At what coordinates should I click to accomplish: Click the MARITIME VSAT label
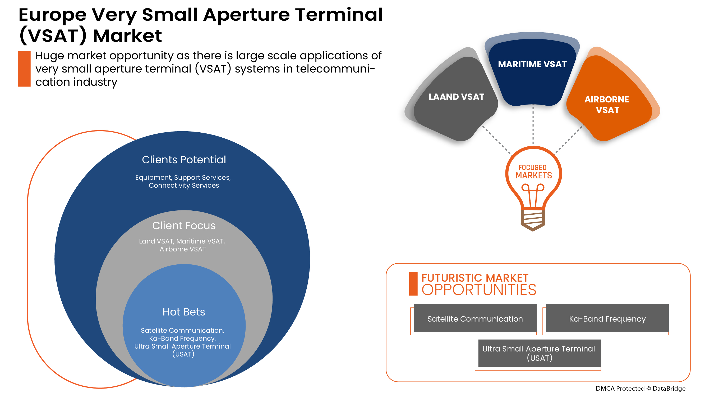tap(532, 64)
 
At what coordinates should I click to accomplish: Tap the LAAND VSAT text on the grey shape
tap(456, 97)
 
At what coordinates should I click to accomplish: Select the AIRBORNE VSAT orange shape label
tap(607, 104)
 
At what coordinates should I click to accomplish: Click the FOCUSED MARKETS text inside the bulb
tap(533, 172)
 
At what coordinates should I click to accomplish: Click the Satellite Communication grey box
tap(475, 319)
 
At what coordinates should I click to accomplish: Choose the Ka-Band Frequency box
tap(607, 319)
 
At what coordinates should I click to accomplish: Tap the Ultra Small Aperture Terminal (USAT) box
tap(539, 353)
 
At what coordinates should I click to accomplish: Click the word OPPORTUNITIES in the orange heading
tap(479, 290)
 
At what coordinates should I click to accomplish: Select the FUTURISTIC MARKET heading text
tap(474, 278)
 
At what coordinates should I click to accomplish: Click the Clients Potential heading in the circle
tap(184, 160)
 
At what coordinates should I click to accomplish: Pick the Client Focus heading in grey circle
tap(184, 226)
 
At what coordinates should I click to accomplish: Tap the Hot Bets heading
tap(184, 312)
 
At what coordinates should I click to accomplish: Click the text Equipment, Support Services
tap(183, 177)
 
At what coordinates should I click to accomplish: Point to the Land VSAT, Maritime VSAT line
tap(182, 241)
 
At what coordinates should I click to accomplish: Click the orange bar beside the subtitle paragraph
tap(24, 69)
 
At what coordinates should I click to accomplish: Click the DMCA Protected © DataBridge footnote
tap(640, 388)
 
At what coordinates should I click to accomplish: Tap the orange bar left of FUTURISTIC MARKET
tap(413, 283)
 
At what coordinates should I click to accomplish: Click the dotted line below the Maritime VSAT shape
tap(533, 125)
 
